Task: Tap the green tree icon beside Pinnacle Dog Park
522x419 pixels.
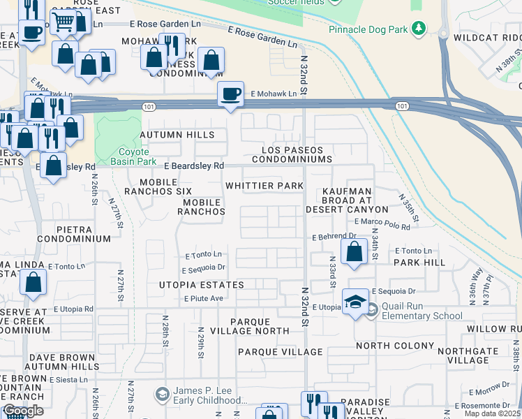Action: [419, 28]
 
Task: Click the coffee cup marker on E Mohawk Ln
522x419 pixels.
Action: [230, 94]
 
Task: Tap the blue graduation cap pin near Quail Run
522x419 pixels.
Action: [355, 301]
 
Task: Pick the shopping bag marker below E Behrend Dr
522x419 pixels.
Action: [355, 251]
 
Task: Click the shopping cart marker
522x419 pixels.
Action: [64, 22]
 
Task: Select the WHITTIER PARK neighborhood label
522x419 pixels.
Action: [264, 186]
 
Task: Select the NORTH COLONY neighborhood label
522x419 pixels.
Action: [394, 346]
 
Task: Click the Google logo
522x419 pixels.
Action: [23, 411]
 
